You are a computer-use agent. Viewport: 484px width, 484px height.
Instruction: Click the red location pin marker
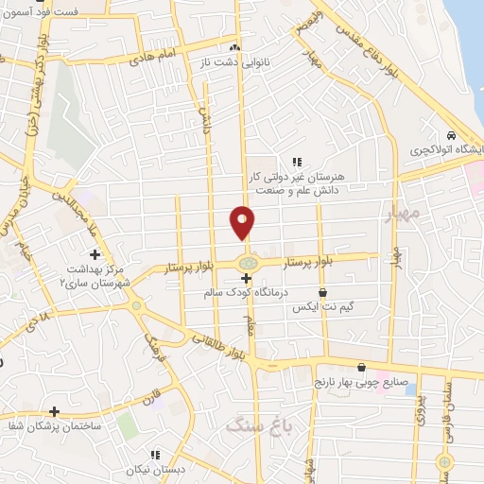coord(243,222)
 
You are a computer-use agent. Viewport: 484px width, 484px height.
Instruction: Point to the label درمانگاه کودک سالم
coord(245,293)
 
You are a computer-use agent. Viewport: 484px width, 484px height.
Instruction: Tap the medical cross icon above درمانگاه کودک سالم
coord(246,278)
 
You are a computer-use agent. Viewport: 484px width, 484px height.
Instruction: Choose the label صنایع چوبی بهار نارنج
coord(361,383)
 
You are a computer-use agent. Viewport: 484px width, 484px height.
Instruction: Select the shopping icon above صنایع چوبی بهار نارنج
coord(361,368)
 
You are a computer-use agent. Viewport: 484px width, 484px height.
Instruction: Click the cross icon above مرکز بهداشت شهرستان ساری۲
coord(94,254)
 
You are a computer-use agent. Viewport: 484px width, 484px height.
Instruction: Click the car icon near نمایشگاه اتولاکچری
coord(452,133)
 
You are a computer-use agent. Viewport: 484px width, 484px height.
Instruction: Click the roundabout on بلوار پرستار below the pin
coord(247,262)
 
